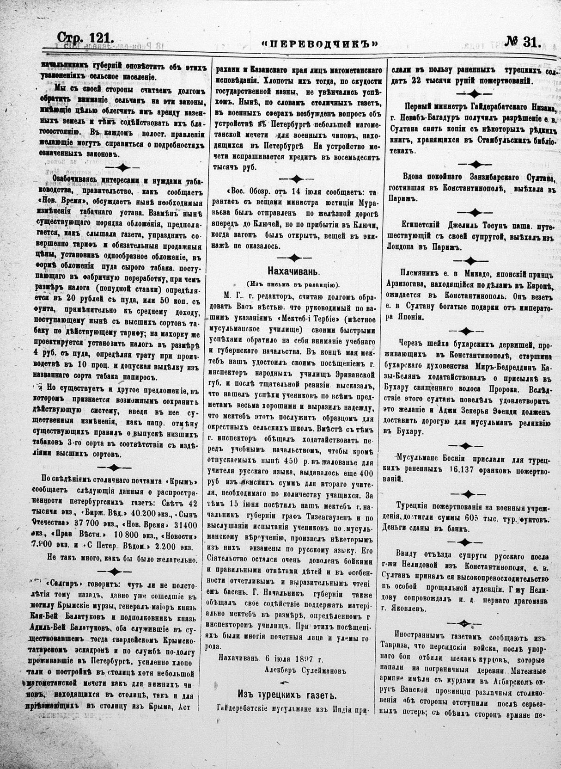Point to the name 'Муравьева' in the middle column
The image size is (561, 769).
(x=365, y=202)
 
